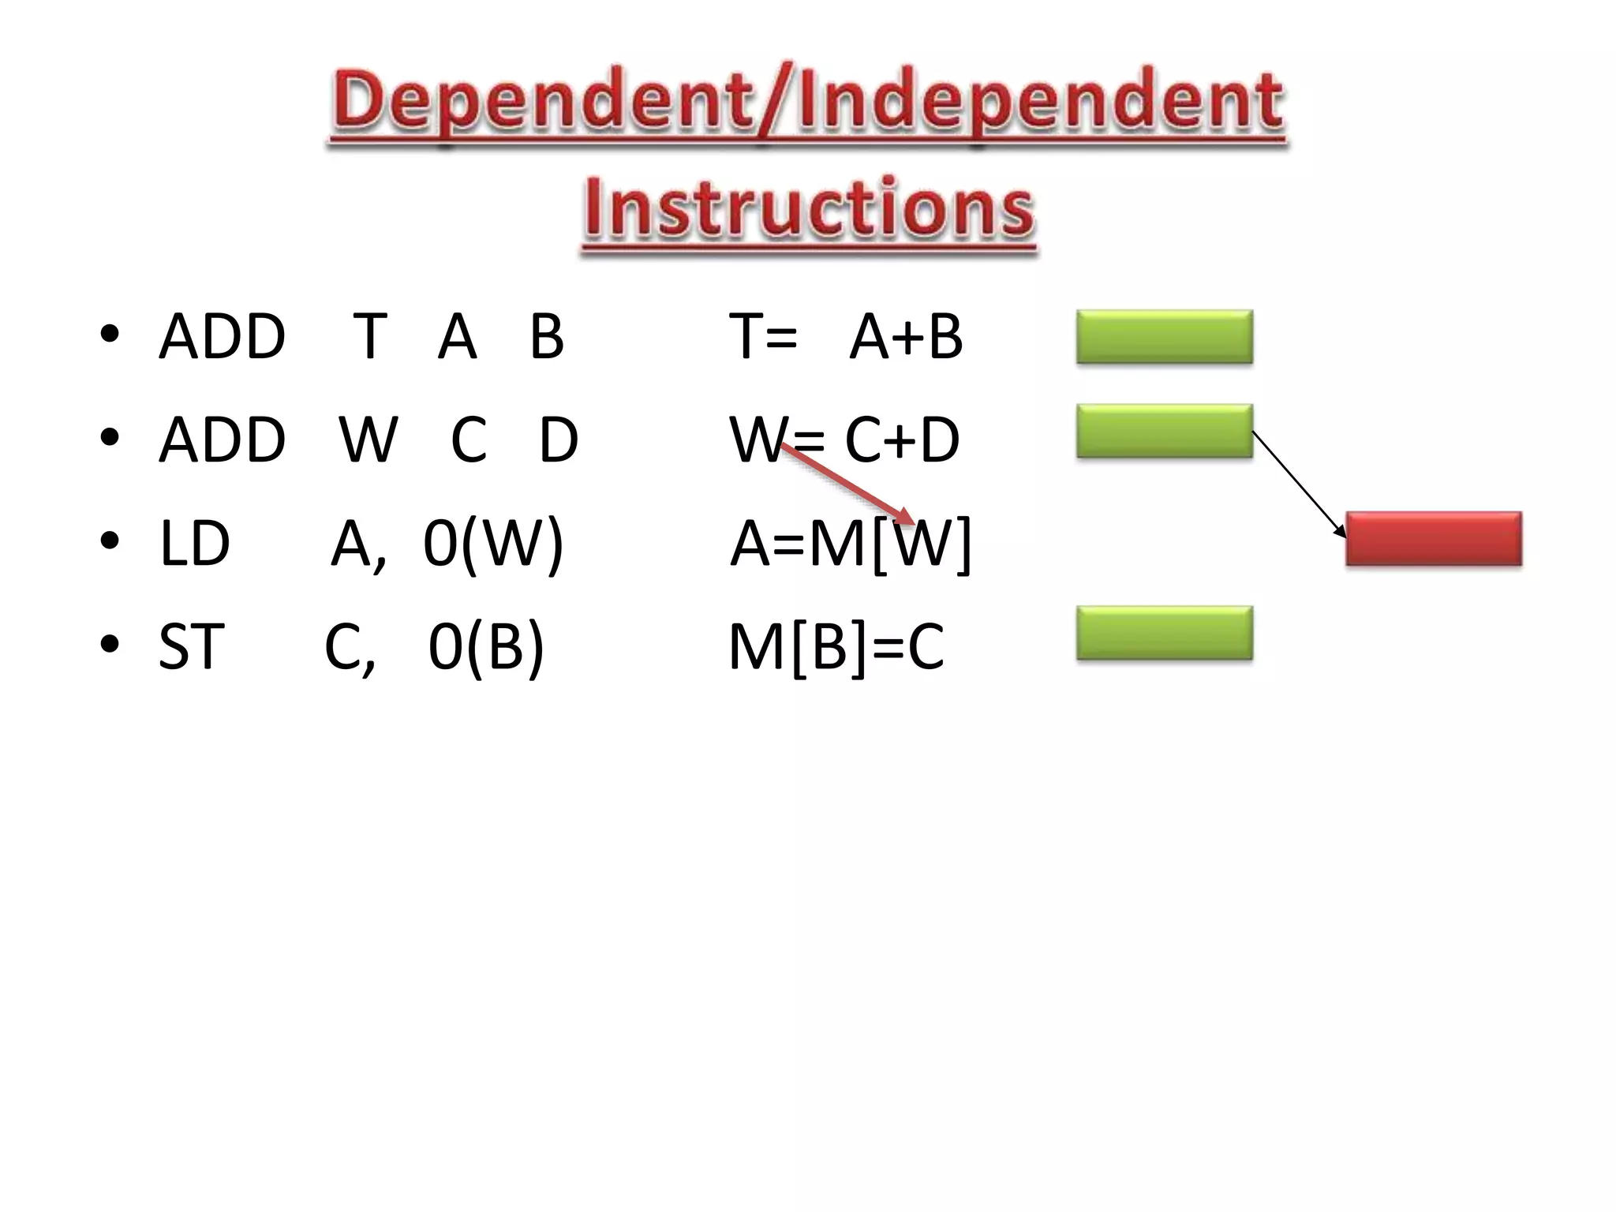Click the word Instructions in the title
point(809,208)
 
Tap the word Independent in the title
point(1040,103)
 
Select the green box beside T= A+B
point(1164,337)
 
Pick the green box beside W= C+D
point(1164,431)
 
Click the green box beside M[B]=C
point(1164,633)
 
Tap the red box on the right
point(1433,539)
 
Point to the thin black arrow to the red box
point(1299,484)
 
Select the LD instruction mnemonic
point(194,543)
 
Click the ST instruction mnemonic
point(192,646)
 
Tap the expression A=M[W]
point(850,544)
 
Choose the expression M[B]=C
point(836,647)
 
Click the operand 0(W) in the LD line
point(493,544)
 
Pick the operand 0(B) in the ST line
point(486,647)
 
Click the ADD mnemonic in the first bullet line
point(222,337)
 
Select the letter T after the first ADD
point(370,337)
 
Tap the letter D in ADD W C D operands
point(559,440)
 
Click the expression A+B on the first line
point(906,337)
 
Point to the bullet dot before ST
point(110,644)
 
